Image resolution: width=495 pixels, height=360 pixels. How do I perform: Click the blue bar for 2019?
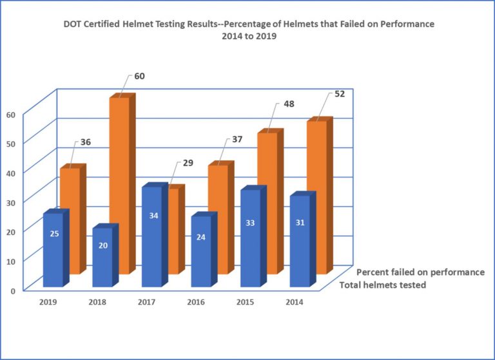pos(52,251)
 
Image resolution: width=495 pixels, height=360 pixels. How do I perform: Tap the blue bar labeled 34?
pos(153,238)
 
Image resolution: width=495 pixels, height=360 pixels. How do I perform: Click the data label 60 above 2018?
pos(139,76)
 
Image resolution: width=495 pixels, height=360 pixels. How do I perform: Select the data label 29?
pos(188,164)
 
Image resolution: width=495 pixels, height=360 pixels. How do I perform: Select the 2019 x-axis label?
pos(48,301)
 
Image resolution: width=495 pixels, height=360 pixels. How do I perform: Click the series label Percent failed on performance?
pos(420,272)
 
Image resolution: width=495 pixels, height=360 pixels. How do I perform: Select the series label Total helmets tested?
pos(382,285)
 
